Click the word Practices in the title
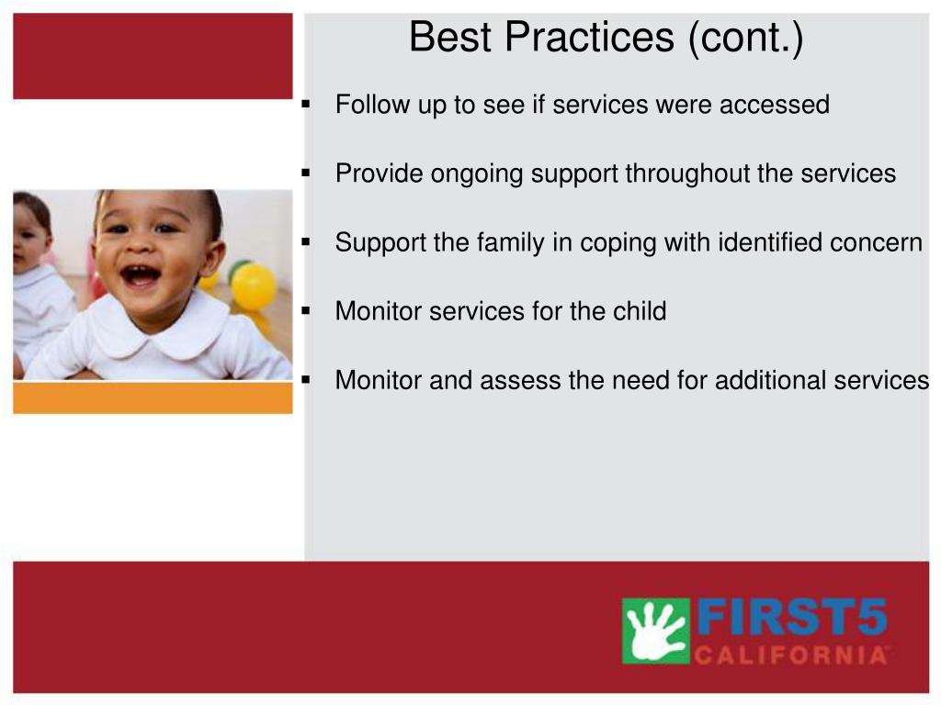pos(589,37)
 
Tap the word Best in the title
pos(450,37)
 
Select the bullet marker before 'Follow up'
pos(306,105)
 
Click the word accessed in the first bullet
pos(775,105)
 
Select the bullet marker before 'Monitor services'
pos(306,311)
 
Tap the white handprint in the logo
pos(656,630)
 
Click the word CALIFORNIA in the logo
pos(790,655)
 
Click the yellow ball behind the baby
pos(254,286)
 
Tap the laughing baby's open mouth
pos(141,275)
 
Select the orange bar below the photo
pos(153,398)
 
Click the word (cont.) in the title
pos(745,38)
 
